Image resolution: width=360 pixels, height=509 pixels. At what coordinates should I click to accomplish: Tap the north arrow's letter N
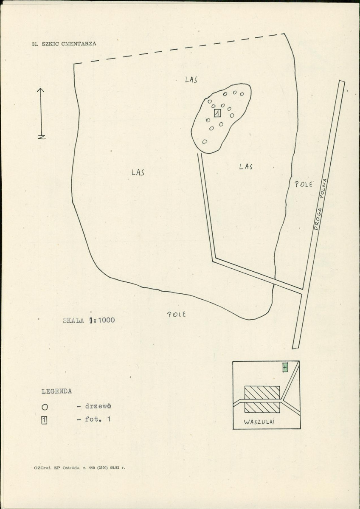(x=42, y=137)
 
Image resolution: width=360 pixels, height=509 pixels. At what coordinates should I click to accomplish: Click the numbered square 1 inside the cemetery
(x=218, y=113)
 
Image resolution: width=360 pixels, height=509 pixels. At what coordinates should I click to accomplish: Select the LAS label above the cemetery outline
(x=191, y=79)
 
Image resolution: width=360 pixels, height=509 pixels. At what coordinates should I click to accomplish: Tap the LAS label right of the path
(x=246, y=166)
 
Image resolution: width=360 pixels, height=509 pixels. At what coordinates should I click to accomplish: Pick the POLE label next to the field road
(x=303, y=184)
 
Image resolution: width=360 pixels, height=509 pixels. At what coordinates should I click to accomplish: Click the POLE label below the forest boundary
(x=176, y=314)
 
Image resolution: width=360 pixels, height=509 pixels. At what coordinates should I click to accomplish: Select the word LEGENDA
(x=56, y=391)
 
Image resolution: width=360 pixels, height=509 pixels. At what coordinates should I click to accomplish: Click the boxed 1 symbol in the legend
(x=44, y=420)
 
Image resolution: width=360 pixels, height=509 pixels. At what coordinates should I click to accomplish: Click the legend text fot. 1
(x=98, y=419)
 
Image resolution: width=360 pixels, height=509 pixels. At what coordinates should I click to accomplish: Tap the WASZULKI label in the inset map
(x=259, y=422)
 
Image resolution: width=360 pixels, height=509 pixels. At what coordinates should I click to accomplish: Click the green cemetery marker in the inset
(x=285, y=368)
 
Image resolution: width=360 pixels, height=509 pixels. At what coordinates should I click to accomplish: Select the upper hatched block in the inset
(x=262, y=392)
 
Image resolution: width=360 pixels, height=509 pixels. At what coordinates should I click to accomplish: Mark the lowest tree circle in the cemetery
(x=205, y=141)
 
